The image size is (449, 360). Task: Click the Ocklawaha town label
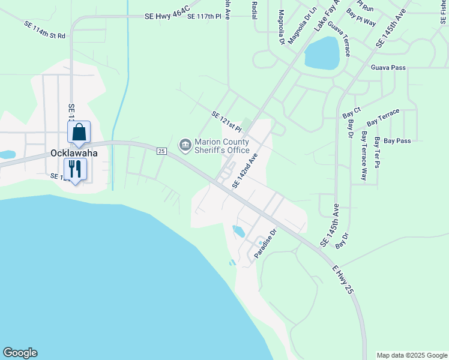tap(74, 153)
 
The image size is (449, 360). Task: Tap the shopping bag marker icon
tap(79, 132)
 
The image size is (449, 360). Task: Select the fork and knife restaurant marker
tap(75, 169)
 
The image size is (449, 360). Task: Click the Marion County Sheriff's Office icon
tap(184, 145)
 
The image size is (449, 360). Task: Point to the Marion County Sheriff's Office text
tap(221, 145)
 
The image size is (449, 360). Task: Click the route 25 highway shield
tap(161, 151)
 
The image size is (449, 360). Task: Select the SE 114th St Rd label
tap(45, 31)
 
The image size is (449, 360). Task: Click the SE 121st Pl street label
tap(227, 121)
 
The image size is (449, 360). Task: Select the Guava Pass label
tap(388, 68)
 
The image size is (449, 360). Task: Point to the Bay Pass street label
tap(397, 141)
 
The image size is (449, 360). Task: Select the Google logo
tap(20, 353)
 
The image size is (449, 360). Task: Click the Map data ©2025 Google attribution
tap(412, 355)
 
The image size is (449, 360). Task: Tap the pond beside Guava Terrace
tap(322, 53)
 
